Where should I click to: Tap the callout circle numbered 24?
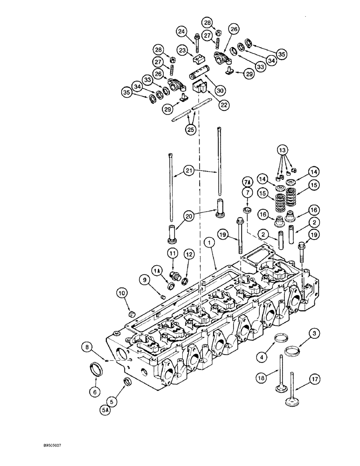181,32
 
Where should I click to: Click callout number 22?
224,105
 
